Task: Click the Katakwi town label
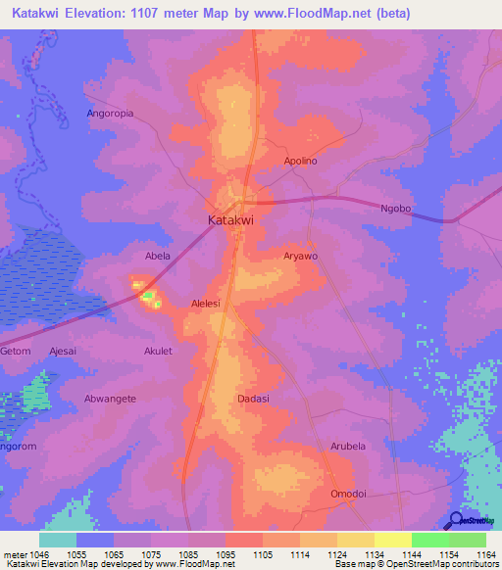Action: point(231,221)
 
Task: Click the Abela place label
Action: point(158,257)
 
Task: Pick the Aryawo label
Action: point(301,256)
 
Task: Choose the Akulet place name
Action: point(158,351)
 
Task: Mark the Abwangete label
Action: point(110,399)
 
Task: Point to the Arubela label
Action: point(347,446)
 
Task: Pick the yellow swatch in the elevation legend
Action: point(392,540)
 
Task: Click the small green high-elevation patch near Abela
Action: point(147,294)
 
